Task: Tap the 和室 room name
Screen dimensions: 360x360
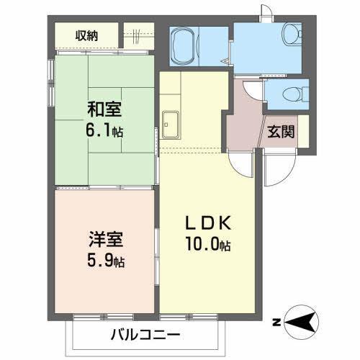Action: pos(104,110)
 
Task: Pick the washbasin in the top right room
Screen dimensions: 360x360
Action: pos(291,34)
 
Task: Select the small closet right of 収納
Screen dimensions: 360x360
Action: pos(138,34)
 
